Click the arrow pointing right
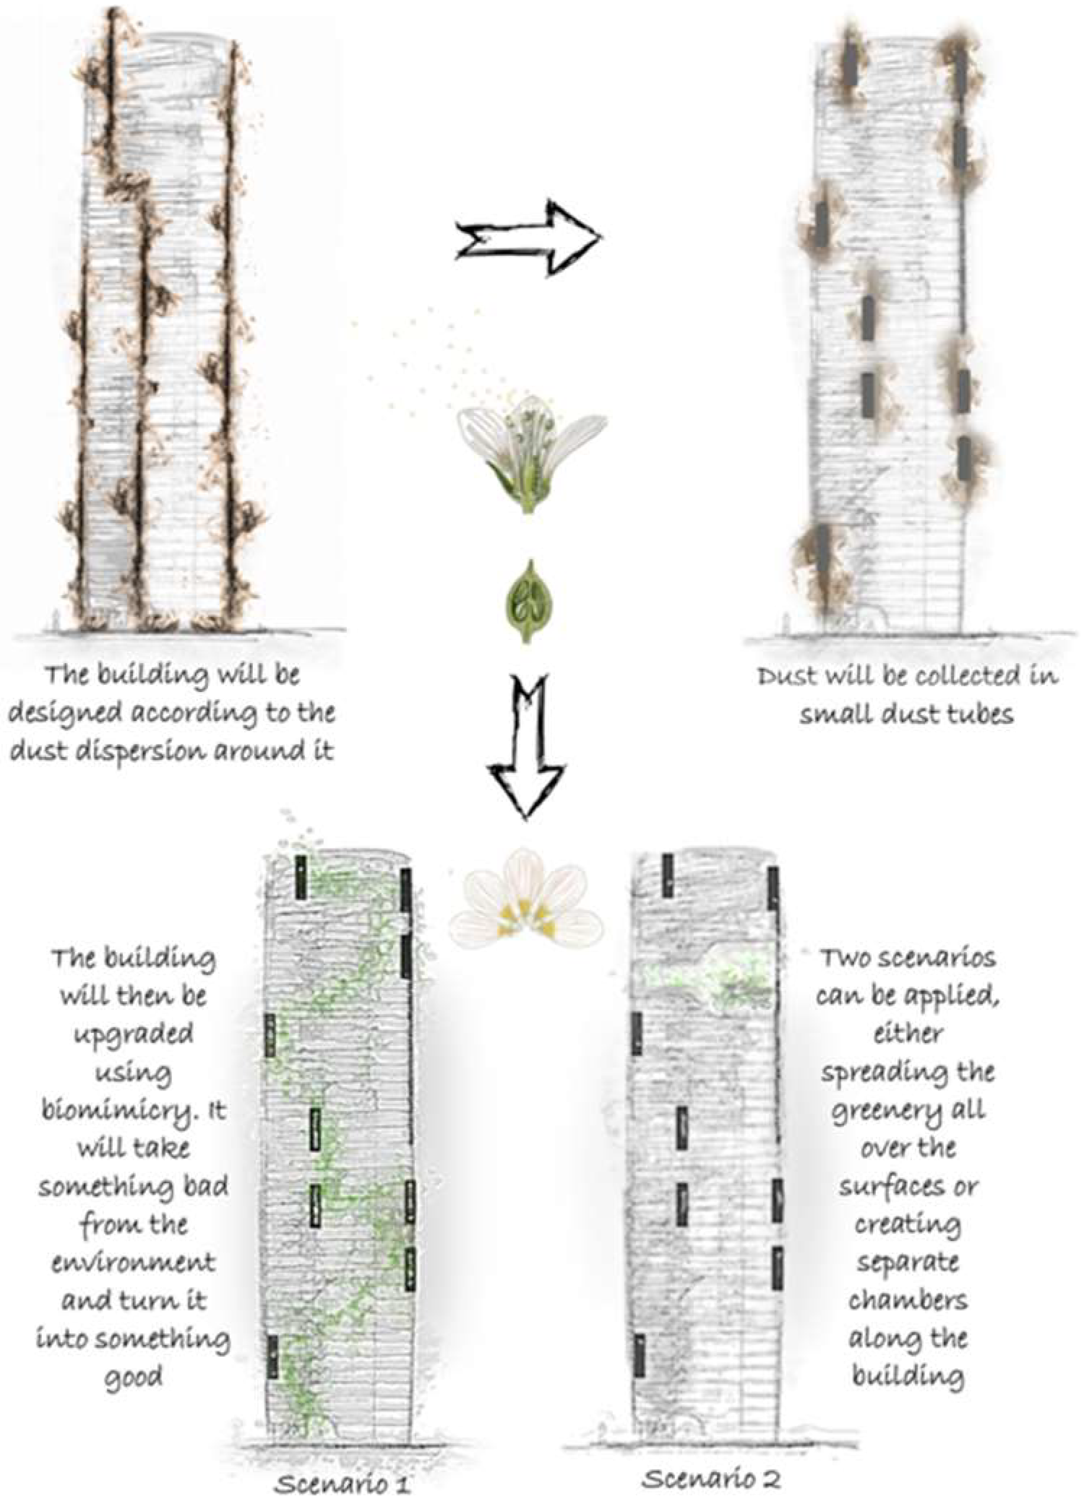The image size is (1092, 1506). pos(529,238)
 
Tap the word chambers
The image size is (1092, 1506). pos(908,1301)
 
